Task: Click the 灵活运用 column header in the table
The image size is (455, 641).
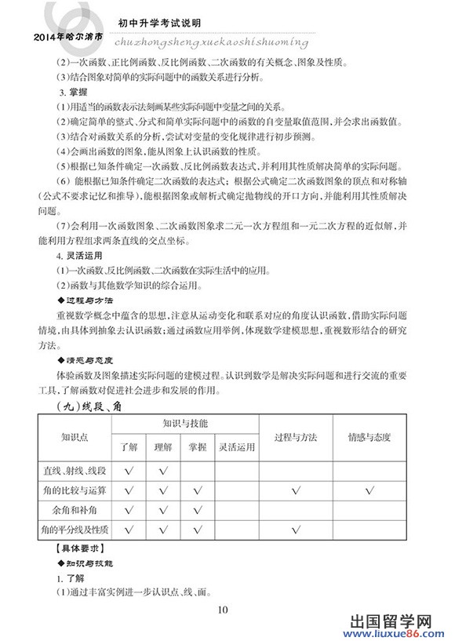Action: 237,448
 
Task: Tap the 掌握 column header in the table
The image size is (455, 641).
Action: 198,448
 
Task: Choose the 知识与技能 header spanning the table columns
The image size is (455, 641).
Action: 185,424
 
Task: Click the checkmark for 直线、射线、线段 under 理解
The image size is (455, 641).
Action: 163,471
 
